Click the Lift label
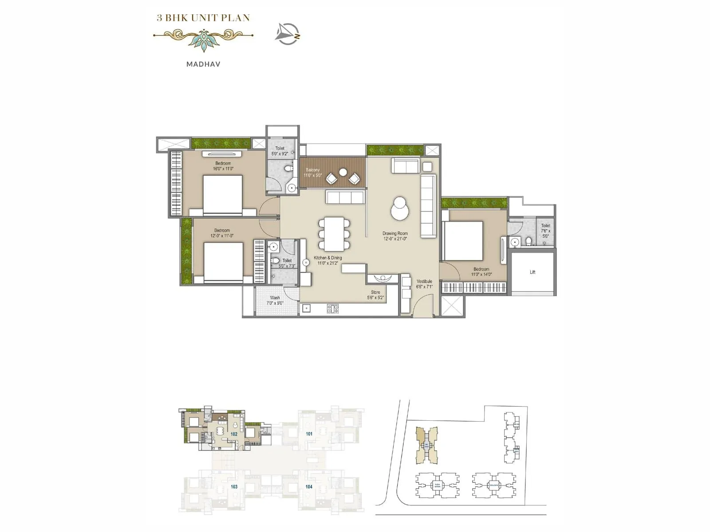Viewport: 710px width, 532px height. (x=532, y=272)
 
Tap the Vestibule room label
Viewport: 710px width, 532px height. (x=424, y=282)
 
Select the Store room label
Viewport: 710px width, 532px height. (x=375, y=293)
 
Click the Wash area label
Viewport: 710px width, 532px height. (x=275, y=298)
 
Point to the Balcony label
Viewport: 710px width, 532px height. (x=312, y=170)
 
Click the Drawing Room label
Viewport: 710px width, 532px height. (x=395, y=234)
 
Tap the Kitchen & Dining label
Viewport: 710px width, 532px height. (x=328, y=258)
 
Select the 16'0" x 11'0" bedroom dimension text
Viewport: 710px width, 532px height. (x=223, y=169)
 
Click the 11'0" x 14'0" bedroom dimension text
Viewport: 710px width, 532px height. (x=481, y=274)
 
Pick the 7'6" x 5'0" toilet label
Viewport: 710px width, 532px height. (x=545, y=231)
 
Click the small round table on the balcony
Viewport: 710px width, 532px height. (x=343, y=172)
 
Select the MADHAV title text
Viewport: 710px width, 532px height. (x=203, y=64)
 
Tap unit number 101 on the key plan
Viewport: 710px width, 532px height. (x=309, y=434)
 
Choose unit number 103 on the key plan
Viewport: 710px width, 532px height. (x=234, y=487)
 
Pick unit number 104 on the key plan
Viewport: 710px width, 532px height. (x=309, y=487)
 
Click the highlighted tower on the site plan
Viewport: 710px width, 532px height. (x=426, y=445)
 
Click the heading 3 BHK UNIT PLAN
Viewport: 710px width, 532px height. (x=203, y=18)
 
